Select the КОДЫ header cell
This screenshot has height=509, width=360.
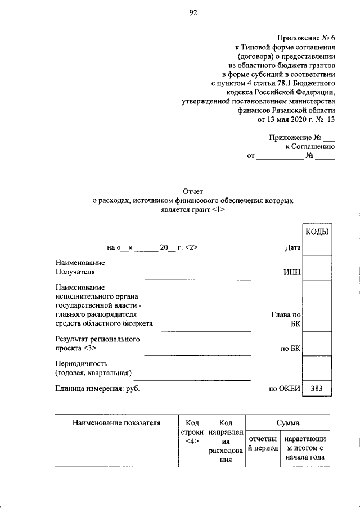[x=317, y=232]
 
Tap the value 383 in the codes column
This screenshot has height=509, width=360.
[x=317, y=389]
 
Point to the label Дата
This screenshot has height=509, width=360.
[x=293, y=247]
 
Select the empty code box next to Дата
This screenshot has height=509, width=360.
[x=317, y=247]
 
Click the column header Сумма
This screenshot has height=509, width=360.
[x=287, y=422]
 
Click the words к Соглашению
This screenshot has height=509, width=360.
[x=310, y=146]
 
